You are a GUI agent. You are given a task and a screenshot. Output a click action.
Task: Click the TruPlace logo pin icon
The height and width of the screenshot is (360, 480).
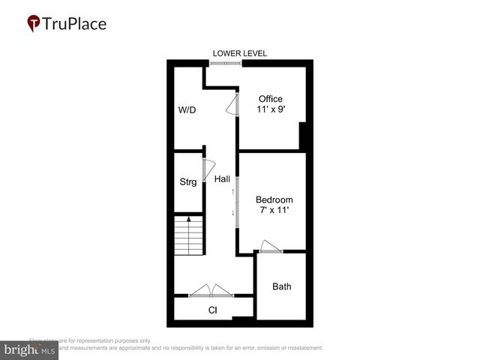(x=33, y=24)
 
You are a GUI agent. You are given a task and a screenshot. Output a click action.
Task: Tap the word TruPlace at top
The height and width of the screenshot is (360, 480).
(x=73, y=23)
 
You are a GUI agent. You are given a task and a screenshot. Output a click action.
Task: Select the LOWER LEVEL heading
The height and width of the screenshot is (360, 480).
(x=239, y=53)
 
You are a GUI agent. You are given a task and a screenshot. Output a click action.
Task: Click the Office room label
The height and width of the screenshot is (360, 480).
(x=270, y=99)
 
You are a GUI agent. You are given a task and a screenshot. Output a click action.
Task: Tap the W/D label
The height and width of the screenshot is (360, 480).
(x=187, y=110)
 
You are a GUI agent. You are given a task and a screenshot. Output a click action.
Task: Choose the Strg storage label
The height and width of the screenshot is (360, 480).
(x=187, y=182)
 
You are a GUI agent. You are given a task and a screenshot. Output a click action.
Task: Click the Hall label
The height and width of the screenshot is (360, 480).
(x=222, y=179)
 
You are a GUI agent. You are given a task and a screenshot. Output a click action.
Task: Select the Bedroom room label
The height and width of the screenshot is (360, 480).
(x=274, y=199)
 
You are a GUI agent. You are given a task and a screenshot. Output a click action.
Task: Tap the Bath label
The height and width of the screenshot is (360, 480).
(x=282, y=286)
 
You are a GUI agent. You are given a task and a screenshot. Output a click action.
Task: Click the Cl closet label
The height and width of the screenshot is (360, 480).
(x=212, y=310)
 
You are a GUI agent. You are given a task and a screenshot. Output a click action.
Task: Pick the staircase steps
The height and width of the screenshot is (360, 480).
(x=189, y=235)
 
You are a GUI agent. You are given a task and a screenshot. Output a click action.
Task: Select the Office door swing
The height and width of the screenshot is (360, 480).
(x=232, y=106)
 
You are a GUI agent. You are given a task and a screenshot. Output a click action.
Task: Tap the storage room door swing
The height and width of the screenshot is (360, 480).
(x=209, y=169)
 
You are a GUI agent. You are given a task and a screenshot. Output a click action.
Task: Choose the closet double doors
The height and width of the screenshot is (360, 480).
(x=211, y=290)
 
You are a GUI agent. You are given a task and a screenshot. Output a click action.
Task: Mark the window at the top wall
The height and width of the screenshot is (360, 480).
(x=225, y=63)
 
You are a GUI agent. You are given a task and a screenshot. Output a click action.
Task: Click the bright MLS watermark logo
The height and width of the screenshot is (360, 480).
(x=28, y=350)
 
